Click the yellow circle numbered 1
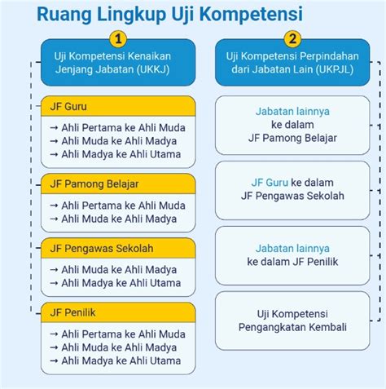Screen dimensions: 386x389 (x=118, y=39)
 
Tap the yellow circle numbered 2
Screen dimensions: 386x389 (x=292, y=39)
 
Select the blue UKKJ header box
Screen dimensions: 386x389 (x=118, y=63)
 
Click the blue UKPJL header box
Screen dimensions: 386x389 (x=292, y=63)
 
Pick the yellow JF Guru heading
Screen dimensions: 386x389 (x=118, y=106)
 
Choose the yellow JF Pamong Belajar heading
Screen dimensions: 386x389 (x=118, y=183)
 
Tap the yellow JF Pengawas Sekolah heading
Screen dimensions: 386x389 (x=118, y=248)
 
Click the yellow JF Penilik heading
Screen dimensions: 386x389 (x=118, y=312)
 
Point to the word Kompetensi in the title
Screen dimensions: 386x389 (x=251, y=14)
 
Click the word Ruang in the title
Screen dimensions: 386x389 (x=64, y=14)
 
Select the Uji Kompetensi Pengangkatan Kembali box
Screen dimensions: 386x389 (x=292, y=320)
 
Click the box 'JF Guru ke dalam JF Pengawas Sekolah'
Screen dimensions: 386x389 (x=292, y=190)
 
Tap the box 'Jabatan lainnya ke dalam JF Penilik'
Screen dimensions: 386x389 (x=292, y=255)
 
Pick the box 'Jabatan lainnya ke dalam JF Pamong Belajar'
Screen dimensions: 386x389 (x=292, y=125)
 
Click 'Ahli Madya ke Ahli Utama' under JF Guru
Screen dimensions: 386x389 (x=121, y=154)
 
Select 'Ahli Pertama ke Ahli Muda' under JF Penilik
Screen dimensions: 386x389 (x=123, y=334)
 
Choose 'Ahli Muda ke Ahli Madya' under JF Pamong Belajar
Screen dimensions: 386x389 (x=119, y=219)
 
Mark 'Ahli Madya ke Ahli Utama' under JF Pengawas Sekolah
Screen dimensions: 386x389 (x=121, y=283)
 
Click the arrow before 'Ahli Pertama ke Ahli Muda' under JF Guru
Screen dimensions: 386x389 (x=54, y=127)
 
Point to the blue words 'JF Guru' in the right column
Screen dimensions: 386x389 (x=270, y=183)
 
